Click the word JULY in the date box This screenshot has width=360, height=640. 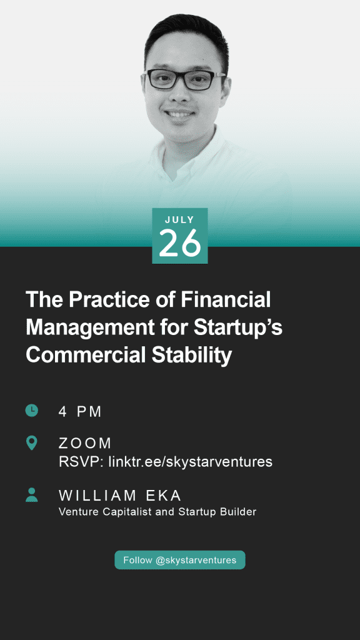pyautogui.click(x=179, y=219)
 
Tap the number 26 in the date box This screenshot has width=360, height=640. pyautogui.click(x=180, y=243)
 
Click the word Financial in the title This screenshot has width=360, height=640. pyautogui.click(x=226, y=299)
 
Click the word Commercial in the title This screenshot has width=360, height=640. pyautogui.click(x=86, y=355)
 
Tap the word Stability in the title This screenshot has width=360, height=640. pyautogui.click(x=192, y=356)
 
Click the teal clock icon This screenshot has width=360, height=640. pyautogui.click(x=31, y=410)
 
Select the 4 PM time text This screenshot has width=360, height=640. pyautogui.click(x=80, y=412)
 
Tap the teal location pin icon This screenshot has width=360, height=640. pyautogui.click(x=31, y=443)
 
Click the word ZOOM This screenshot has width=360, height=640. pyautogui.click(x=85, y=443)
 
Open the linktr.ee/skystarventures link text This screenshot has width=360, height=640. pyautogui.click(x=190, y=462)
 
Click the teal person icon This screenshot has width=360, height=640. pyautogui.click(x=31, y=495)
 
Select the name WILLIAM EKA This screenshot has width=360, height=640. pyautogui.click(x=120, y=496)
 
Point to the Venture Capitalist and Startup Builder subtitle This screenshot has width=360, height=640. pyautogui.click(x=157, y=512)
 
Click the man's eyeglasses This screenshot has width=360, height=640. pyautogui.click(x=184, y=79)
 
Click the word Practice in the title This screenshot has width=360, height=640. pyautogui.click(x=104, y=299)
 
